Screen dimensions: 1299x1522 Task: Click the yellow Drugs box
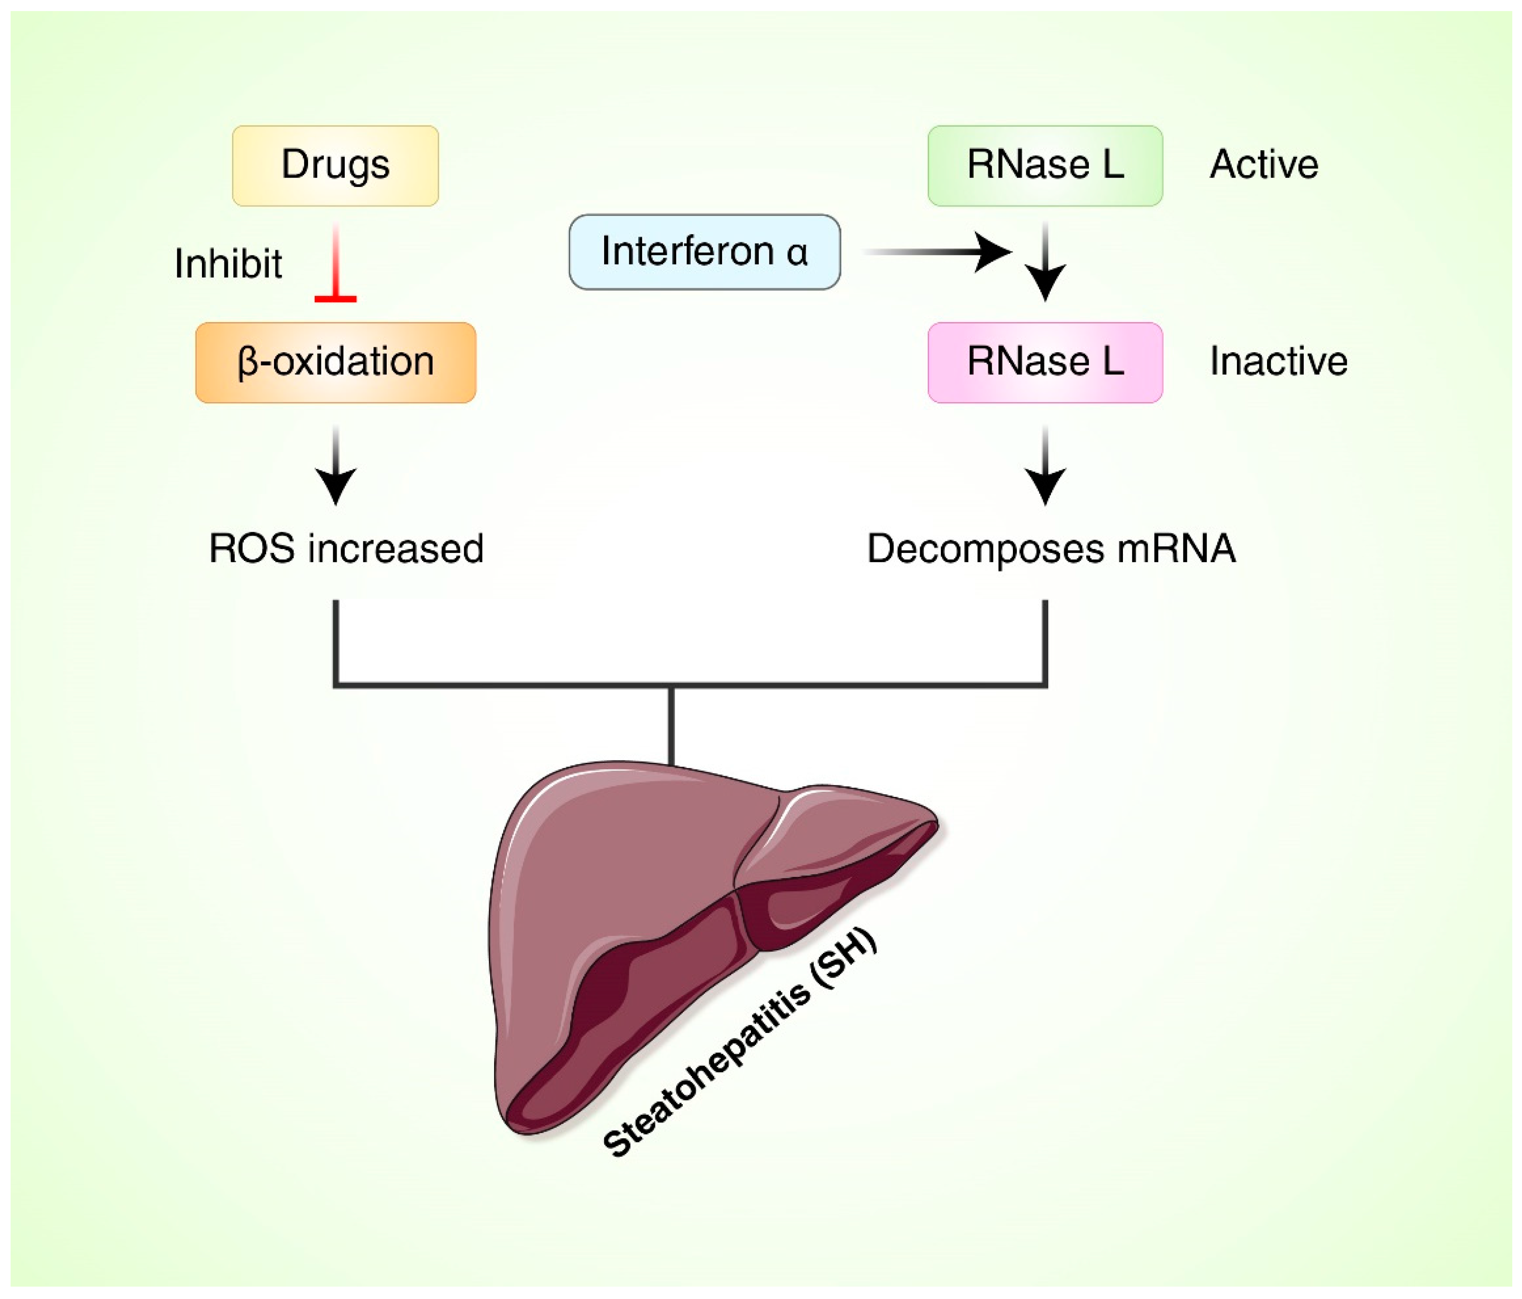point(335,165)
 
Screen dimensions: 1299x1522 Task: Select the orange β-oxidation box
point(335,362)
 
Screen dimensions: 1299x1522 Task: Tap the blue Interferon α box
point(704,251)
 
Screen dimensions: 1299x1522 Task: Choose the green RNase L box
point(1045,165)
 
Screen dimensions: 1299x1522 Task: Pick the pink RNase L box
point(1045,362)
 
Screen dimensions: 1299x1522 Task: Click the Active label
point(1263,164)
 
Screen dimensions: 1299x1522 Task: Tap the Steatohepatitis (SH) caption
point(738,1044)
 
